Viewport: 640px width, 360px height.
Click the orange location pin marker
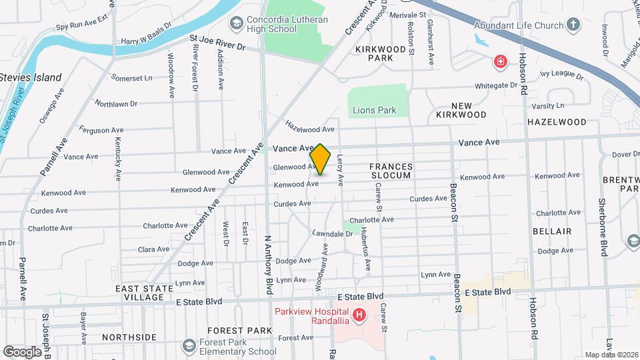pyautogui.click(x=320, y=160)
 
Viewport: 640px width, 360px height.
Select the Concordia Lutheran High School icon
pyautogui.click(x=235, y=25)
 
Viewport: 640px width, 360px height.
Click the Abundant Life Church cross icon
pyautogui.click(x=573, y=25)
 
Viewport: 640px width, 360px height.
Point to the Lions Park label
pyautogui.click(x=374, y=110)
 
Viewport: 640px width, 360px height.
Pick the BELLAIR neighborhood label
pyautogui.click(x=552, y=231)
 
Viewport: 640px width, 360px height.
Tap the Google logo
pyautogui.click(x=22, y=351)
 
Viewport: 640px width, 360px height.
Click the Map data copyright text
pyautogui.click(x=611, y=354)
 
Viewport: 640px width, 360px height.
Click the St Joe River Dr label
pyautogui.click(x=217, y=47)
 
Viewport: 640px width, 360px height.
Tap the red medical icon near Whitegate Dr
pyautogui.click(x=499, y=63)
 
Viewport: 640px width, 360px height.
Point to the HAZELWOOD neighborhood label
pyautogui.click(x=557, y=122)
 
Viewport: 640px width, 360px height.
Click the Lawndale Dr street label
pyautogui.click(x=331, y=233)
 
